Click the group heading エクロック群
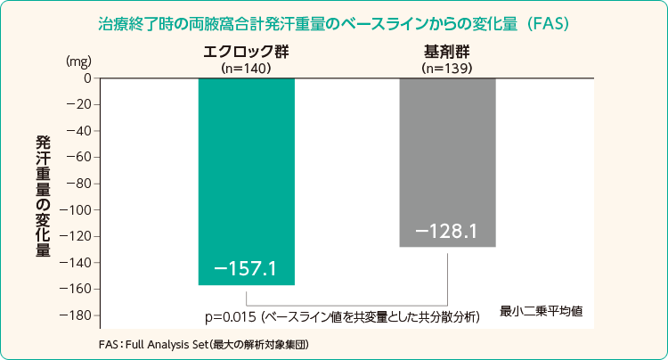pyautogui.click(x=245, y=52)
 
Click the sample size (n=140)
pyautogui.click(x=245, y=67)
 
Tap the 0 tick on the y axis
pyautogui.click(x=87, y=78)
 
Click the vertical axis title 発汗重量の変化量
pyautogui.click(x=42, y=196)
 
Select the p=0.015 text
pyautogui.click(x=231, y=316)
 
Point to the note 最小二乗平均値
pyautogui.click(x=541, y=311)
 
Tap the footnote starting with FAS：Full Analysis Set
pyautogui.click(x=210, y=343)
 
